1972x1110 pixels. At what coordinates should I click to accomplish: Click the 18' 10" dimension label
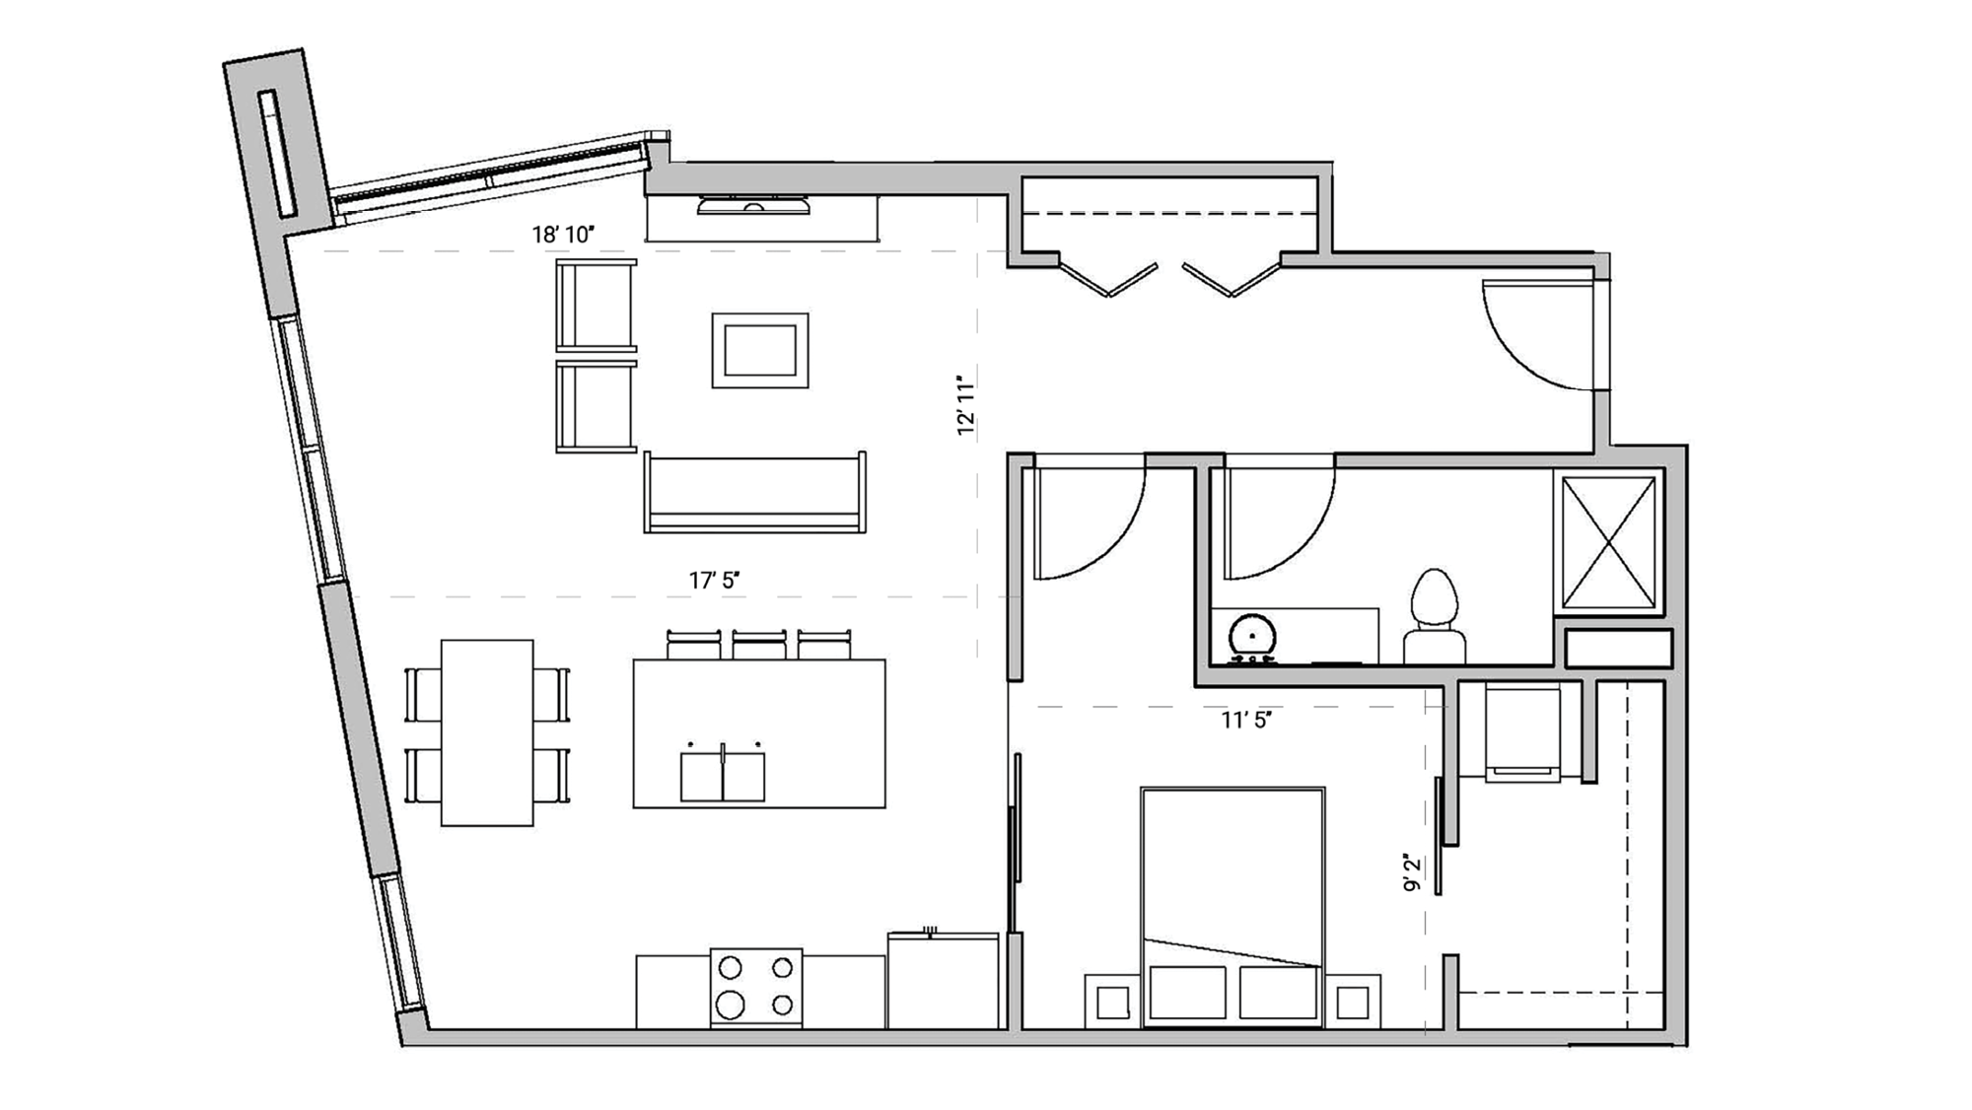pyautogui.click(x=563, y=235)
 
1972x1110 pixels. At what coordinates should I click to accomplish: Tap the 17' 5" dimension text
pyautogui.click(x=714, y=581)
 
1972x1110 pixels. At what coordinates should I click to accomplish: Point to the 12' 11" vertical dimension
pyautogui.click(x=966, y=404)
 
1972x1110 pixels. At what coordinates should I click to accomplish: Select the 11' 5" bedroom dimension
pyautogui.click(x=1246, y=721)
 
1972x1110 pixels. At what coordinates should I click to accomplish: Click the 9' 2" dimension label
pyautogui.click(x=1413, y=872)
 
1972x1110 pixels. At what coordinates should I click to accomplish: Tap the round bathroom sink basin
pyautogui.click(x=1253, y=636)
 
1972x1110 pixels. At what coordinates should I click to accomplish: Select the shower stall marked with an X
pyautogui.click(x=1609, y=542)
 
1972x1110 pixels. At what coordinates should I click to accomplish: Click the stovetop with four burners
pyautogui.click(x=756, y=987)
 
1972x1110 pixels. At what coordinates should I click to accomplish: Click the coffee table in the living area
pyautogui.click(x=760, y=350)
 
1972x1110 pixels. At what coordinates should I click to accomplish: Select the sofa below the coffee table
pyautogui.click(x=755, y=493)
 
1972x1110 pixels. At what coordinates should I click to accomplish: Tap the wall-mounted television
pyautogui.click(x=753, y=206)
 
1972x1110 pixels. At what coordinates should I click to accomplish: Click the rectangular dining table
pyautogui.click(x=487, y=732)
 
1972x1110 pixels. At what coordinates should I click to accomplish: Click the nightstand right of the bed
pyautogui.click(x=1352, y=1003)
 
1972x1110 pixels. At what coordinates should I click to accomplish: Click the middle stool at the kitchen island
pyautogui.click(x=759, y=645)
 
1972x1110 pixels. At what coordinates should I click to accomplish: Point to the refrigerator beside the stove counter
pyautogui.click(x=943, y=981)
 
